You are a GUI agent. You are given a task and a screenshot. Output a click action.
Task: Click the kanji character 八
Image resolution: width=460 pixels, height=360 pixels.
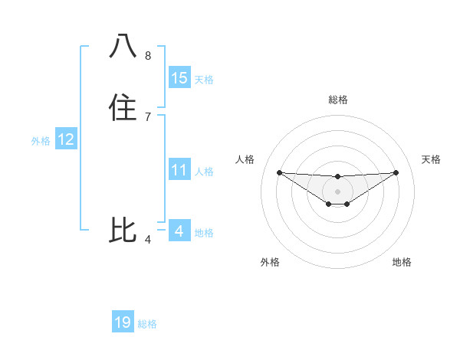pyautogui.click(x=123, y=47)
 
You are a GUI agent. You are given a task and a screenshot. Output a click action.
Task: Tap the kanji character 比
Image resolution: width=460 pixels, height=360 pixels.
pyautogui.click(x=123, y=231)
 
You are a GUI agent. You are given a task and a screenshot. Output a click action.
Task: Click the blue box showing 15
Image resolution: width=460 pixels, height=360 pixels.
pyautogui.click(x=179, y=78)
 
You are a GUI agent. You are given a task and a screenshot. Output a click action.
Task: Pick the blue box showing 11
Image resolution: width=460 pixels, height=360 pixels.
pyautogui.click(x=179, y=170)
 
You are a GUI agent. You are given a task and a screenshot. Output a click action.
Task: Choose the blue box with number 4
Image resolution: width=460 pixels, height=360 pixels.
pyautogui.click(x=179, y=231)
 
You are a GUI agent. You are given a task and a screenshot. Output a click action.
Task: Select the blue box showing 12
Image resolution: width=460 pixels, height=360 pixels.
pyautogui.click(x=66, y=139)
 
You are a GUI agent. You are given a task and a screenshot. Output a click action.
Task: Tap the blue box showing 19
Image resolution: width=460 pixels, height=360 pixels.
pyautogui.click(x=123, y=322)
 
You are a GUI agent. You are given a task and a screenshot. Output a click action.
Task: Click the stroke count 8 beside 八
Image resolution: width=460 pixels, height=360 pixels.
pyautogui.click(x=148, y=56)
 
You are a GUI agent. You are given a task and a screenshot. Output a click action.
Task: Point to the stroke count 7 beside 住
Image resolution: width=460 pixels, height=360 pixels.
pyautogui.click(x=148, y=117)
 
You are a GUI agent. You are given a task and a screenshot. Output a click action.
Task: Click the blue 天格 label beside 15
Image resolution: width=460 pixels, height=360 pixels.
pyautogui.click(x=204, y=80)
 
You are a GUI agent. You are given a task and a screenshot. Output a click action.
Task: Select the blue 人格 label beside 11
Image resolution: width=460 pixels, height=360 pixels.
pyautogui.click(x=204, y=172)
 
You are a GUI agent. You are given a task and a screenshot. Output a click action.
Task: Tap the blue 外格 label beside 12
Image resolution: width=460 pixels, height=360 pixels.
pyautogui.click(x=41, y=141)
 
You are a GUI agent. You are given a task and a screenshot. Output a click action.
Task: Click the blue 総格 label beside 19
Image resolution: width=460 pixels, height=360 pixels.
pyautogui.click(x=147, y=324)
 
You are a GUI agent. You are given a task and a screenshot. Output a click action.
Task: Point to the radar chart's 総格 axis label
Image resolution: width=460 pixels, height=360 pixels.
pyautogui.click(x=337, y=100)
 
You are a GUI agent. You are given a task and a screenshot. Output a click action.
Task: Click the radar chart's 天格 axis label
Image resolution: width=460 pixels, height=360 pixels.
pyautogui.click(x=432, y=159)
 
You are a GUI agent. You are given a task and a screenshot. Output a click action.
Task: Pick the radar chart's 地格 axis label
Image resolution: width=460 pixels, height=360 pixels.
pyautogui.click(x=402, y=262)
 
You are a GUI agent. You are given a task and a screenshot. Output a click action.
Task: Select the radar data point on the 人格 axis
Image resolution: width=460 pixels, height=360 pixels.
pyautogui.click(x=279, y=172)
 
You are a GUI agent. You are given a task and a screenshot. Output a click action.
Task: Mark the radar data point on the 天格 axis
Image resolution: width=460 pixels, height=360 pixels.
pyautogui.click(x=396, y=172)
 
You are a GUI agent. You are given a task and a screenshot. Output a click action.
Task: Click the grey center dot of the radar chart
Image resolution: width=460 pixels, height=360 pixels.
pyautogui.click(x=337, y=191)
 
